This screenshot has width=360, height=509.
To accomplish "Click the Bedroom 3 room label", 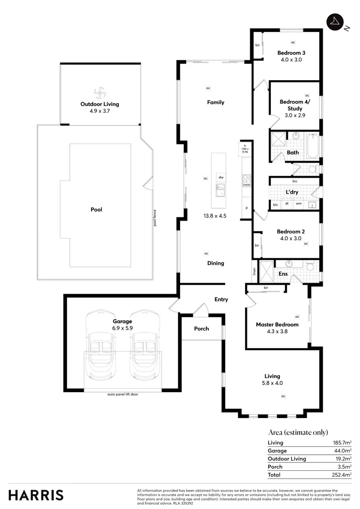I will point(291,53).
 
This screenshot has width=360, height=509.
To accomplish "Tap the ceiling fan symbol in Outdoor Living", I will point(100,92).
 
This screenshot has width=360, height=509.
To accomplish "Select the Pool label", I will point(97,210).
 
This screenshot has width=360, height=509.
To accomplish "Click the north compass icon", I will point(334,22).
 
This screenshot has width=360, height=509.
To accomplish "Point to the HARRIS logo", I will point(36,495).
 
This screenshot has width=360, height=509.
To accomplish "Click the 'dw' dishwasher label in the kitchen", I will point(221,177).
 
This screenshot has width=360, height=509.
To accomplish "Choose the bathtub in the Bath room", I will point(312,147).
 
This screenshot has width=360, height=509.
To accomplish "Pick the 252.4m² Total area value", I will point(342,475).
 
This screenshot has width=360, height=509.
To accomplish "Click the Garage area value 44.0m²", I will point(343,451).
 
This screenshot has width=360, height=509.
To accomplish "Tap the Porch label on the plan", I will point(202,328).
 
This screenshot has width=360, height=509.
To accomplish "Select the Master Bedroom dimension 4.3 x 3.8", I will point(277,331).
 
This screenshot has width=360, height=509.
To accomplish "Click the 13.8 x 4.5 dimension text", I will point(215,216).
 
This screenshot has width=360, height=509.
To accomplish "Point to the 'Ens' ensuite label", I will point(283,274).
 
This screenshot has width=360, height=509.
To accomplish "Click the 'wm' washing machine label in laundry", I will point(299,204).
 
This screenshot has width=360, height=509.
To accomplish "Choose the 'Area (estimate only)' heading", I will point(298,432).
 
